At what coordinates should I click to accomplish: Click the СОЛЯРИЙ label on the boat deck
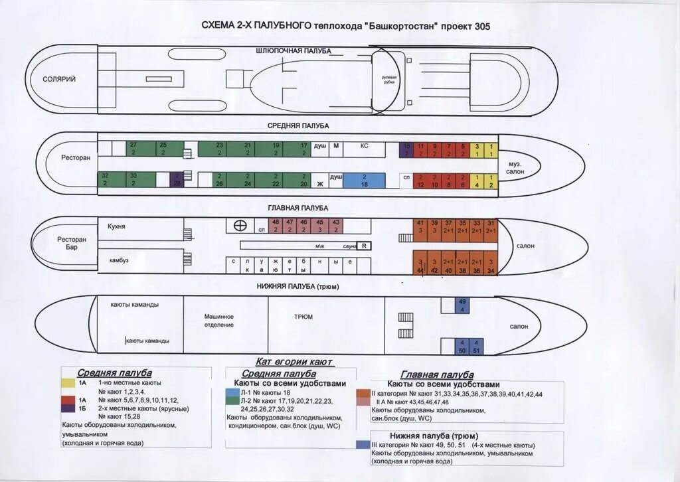click(x=59, y=79)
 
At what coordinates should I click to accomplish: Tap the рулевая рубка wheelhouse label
click(x=389, y=80)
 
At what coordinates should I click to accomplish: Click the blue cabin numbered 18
click(x=364, y=181)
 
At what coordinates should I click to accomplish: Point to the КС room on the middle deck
click(x=364, y=145)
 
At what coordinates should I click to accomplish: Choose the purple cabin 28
click(x=177, y=181)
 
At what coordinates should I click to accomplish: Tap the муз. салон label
click(x=515, y=167)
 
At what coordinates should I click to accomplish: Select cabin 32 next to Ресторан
click(x=105, y=180)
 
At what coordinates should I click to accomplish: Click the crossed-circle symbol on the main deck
click(x=236, y=226)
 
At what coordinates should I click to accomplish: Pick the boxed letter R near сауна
click(x=364, y=246)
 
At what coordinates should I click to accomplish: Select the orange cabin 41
click(x=420, y=226)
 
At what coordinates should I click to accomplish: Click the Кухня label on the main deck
click(x=116, y=226)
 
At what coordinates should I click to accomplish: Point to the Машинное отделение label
click(x=218, y=321)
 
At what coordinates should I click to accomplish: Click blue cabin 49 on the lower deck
click(x=462, y=305)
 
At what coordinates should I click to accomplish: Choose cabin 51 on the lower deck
click(x=476, y=346)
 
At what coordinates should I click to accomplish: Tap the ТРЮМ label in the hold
click(x=303, y=317)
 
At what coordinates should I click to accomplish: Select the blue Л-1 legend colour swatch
click(x=232, y=393)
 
